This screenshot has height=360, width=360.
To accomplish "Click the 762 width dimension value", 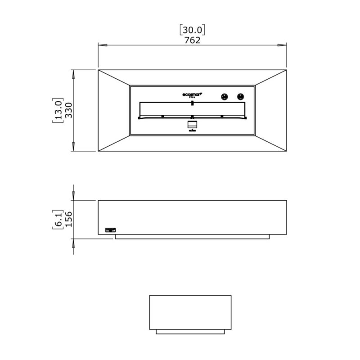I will (x=192, y=40).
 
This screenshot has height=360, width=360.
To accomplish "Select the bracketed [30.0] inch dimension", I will (x=192, y=30).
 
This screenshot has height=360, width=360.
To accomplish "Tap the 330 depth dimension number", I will (x=68, y=110).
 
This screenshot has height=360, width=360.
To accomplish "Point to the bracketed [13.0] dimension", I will (x=58, y=110).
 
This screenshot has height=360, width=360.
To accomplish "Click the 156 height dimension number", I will (x=68, y=220).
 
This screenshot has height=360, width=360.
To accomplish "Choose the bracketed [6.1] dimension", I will (x=58, y=220).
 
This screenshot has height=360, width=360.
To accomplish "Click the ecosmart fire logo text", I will (x=193, y=95).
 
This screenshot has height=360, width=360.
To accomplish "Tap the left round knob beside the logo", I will (x=224, y=96).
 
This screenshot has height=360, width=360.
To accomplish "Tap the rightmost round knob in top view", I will (x=241, y=96).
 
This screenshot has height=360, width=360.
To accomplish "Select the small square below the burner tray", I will (x=192, y=124).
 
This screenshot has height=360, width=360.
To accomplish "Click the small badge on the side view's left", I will (x=110, y=230).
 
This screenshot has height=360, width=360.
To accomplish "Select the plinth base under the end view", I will (x=190, y=332).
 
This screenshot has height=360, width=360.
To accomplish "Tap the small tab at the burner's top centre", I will (x=192, y=103).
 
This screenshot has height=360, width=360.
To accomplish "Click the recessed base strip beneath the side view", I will (x=192, y=237).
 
